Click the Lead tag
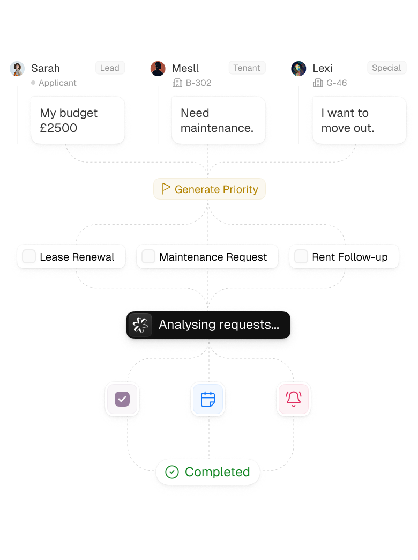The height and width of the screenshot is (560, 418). [110, 68]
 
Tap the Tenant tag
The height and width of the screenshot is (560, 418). [247, 68]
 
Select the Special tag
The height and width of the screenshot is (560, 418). [386, 68]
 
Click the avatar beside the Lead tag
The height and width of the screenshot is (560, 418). [17, 69]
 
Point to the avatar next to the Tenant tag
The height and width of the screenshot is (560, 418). [158, 69]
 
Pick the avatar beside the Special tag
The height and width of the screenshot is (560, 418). [298, 69]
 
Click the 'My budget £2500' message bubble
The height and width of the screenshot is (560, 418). [78, 120]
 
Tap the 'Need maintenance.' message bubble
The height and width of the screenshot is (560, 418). [218, 120]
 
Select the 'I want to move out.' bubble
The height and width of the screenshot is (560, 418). [359, 120]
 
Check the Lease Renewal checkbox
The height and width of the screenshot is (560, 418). [29, 256]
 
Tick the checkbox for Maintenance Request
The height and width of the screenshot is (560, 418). [148, 256]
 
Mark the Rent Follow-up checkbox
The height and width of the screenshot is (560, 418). [301, 256]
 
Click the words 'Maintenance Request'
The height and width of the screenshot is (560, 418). [213, 257]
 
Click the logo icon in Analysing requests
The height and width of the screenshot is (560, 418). [140, 325]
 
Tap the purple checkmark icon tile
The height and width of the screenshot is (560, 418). [122, 399]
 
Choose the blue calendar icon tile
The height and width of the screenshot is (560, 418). [208, 399]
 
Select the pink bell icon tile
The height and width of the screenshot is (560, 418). [294, 399]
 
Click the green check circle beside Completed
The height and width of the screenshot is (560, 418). [172, 472]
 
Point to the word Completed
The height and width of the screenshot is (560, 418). [217, 472]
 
